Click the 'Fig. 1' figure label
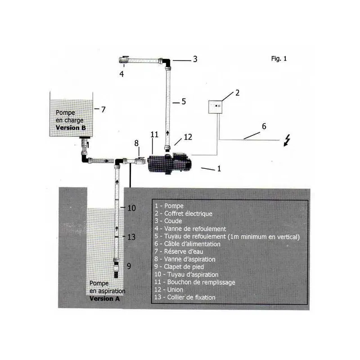(279, 59)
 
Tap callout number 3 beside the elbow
(195, 59)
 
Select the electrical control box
(215, 107)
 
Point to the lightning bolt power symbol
(287, 140)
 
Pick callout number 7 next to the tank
(103, 109)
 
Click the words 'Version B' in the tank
(71, 128)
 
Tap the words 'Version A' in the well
(105, 299)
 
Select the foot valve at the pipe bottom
(117, 268)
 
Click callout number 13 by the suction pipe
(131, 237)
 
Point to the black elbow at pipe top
(166, 62)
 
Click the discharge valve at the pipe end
(124, 60)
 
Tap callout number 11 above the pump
(154, 135)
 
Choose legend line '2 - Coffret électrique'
(184, 213)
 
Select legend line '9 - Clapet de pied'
(179, 267)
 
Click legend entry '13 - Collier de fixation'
(185, 297)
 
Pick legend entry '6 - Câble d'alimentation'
(187, 244)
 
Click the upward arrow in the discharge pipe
(167, 133)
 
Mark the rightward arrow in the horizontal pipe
(106, 161)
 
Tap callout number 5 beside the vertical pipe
(184, 102)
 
